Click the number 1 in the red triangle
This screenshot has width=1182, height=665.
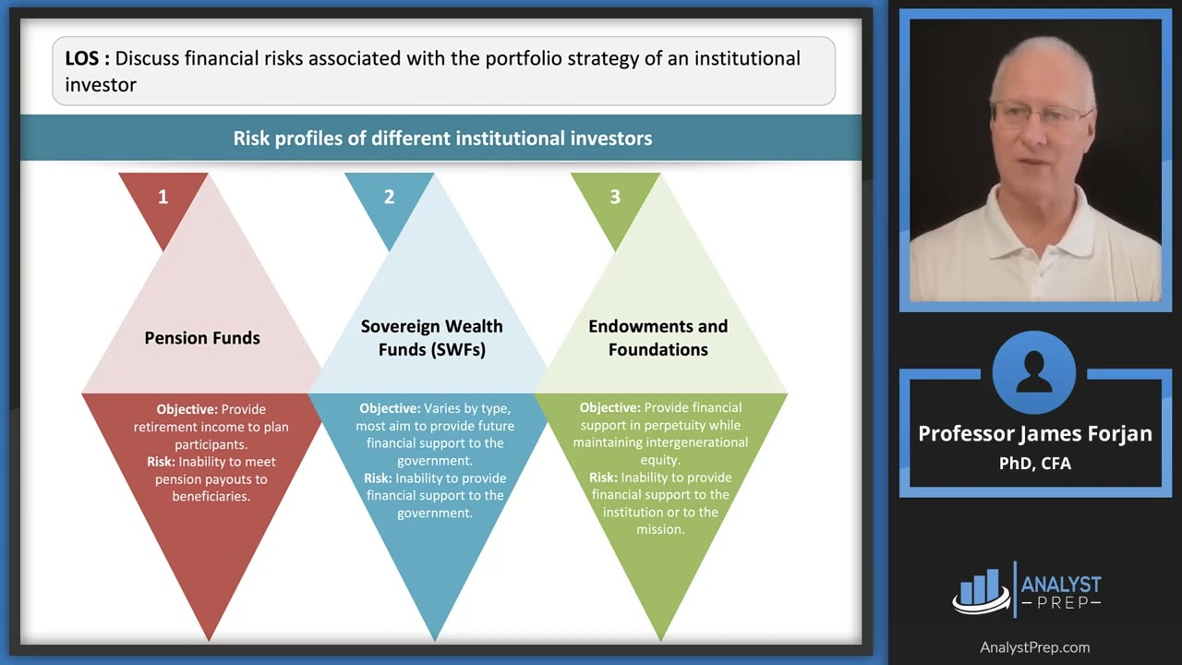tap(163, 197)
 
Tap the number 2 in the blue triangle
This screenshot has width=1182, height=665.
tap(389, 197)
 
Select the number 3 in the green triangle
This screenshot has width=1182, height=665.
tap(615, 197)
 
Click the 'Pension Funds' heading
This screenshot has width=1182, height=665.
tap(202, 338)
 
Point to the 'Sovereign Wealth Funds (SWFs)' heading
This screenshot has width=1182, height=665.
tap(431, 338)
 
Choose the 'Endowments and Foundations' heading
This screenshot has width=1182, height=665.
tap(657, 338)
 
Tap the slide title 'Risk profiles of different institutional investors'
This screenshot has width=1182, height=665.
tap(442, 139)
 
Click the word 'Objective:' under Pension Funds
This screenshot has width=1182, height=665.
tap(187, 409)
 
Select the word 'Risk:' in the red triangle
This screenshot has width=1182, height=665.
tap(161, 462)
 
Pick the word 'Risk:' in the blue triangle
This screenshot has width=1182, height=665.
tap(378, 478)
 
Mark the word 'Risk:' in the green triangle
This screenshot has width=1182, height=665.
tap(604, 478)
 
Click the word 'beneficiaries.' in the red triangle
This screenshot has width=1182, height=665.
tap(211, 496)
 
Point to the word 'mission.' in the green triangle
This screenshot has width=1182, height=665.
tap(660, 529)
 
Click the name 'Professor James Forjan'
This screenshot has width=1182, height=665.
tap(1034, 433)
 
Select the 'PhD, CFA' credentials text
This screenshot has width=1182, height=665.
tap(1034, 463)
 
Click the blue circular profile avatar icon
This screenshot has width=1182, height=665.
tap(1034, 372)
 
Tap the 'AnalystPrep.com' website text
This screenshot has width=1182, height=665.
tap(1034, 647)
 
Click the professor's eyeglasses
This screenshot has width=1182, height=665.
tap(1040, 115)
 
